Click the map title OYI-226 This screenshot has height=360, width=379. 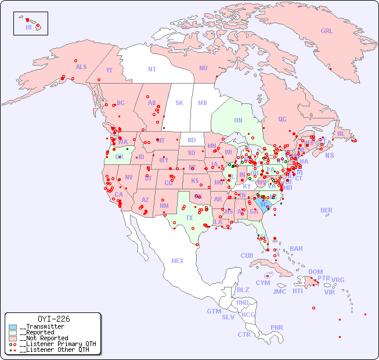[x=53, y=319]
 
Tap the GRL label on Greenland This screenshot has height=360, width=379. [x=327, y=31]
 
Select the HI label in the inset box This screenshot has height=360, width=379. [x=28, y=27]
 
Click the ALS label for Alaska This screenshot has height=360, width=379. [x=81, y=67]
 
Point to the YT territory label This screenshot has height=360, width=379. [x=109, y=70]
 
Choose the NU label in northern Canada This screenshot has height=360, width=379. [x=203, y=68]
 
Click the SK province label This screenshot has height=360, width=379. [x=179, y=103]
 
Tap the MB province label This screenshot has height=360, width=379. [x=203, y=103]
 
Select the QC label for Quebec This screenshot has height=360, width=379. [x=282, y=119]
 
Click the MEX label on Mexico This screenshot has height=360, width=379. [x=178, y=261]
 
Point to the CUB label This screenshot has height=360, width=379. [x=247, y=255]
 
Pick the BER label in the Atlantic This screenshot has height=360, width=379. [x=326, y=210]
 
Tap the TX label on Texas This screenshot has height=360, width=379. [x=189, y=218]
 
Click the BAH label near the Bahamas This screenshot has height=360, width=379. [x=296, y=249]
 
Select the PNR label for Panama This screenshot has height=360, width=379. [x=277, y=327]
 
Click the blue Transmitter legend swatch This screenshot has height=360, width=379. [x=13, y=327]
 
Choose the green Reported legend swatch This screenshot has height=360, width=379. [x=13, y=333]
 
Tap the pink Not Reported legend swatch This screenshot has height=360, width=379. [x=13, y=338]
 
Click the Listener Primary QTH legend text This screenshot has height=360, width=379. [x=57, y=344]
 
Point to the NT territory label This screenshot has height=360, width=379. [x=152, y=69]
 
